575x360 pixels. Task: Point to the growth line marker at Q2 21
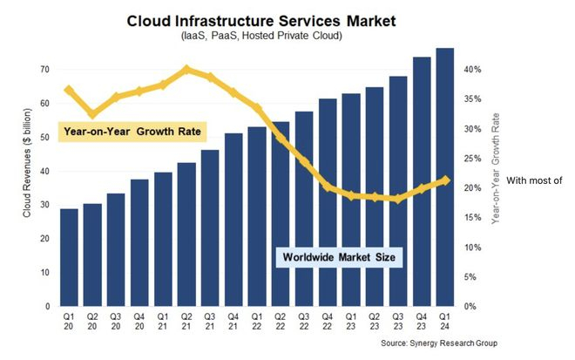click(186, 69)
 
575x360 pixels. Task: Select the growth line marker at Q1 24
click(445, 180)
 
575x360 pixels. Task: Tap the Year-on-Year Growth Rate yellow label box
click(132, 132)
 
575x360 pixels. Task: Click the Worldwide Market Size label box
click(340, 258)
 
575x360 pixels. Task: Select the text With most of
click(536, 180)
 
